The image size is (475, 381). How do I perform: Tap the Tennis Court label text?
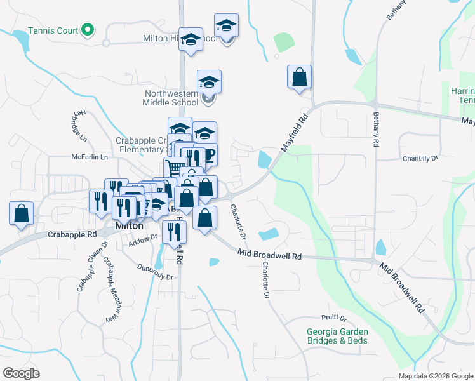pos(53,30)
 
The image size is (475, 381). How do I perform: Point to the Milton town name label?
pos(129,225)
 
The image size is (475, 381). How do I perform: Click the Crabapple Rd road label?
pos(72,234)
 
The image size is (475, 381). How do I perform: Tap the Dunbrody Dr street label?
pos(155,272)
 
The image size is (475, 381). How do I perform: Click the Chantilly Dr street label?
pos(420,158)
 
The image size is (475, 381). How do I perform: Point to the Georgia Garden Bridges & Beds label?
pos(337,336)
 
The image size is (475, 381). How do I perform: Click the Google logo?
pos(21,373)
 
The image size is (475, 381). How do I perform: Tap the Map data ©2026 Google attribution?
pos(435,376)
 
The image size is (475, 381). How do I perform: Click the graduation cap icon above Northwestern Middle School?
pos(209,81)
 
